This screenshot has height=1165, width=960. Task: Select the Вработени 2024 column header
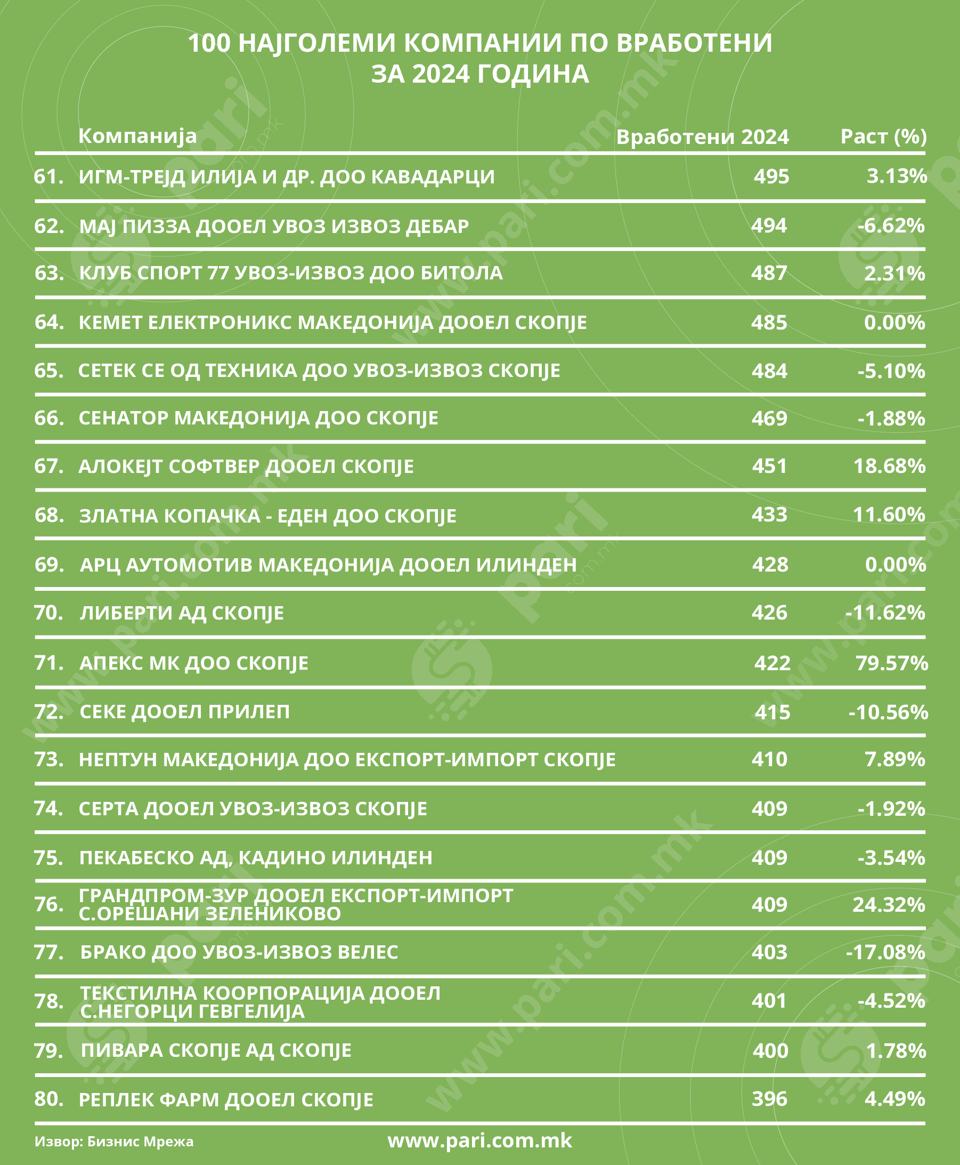click(702, 136)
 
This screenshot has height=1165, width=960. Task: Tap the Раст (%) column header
click(883, 136)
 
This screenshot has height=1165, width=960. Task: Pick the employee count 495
click(771, 176)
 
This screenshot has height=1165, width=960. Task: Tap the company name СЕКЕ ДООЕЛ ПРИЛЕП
click(185, 712)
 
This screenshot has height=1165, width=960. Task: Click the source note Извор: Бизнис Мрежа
click(114, 1142)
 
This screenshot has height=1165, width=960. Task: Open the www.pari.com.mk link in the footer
click(479, 1140)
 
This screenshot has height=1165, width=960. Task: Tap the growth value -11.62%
click(885, 613)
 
